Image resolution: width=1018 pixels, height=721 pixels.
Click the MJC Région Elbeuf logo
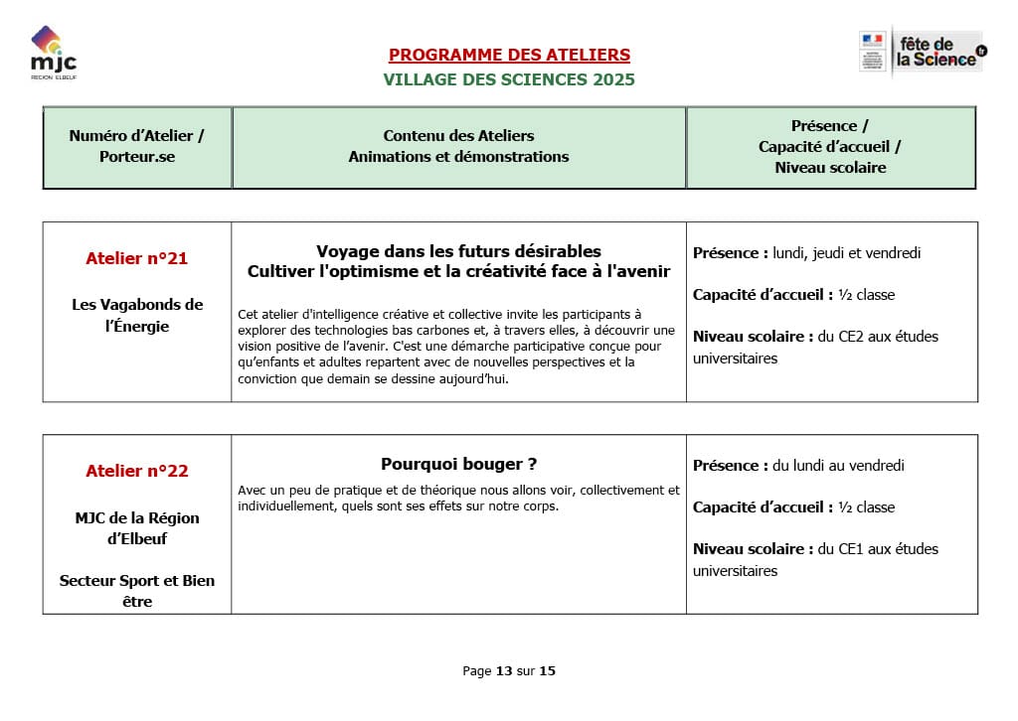click(53, 55)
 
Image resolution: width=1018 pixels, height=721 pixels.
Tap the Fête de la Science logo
click(922, 51)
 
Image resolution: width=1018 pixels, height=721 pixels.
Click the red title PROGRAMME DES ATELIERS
click(509, 56)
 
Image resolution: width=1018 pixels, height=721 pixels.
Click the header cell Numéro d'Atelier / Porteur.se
click(137, 146)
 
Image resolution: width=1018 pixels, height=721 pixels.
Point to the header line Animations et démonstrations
click(458, 157)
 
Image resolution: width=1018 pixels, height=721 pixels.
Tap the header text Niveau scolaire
click(830, 168)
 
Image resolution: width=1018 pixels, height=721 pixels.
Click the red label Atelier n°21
click(137, 258)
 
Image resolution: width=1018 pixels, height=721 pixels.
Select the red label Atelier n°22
click(137, 471)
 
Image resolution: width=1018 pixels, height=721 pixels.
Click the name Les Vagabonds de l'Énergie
click(137, 315)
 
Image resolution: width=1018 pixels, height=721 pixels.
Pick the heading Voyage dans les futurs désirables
click(458, 251)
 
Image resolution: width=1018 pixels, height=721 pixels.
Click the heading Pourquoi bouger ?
click(458, 464)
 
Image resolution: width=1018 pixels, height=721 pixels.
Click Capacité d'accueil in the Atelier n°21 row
click(762, 295)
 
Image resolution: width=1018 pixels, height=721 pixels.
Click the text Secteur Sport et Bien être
click(137, 591)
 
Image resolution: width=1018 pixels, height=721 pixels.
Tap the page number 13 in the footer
click(504, 671)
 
